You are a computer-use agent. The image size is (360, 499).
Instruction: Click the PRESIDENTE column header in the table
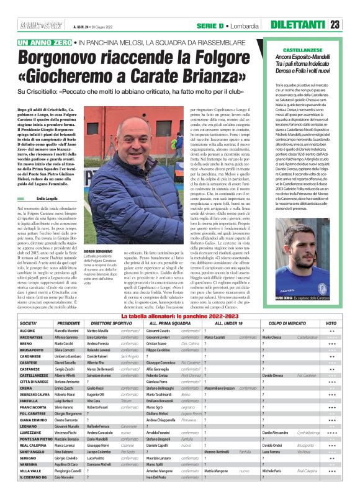(x=69, y=324)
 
